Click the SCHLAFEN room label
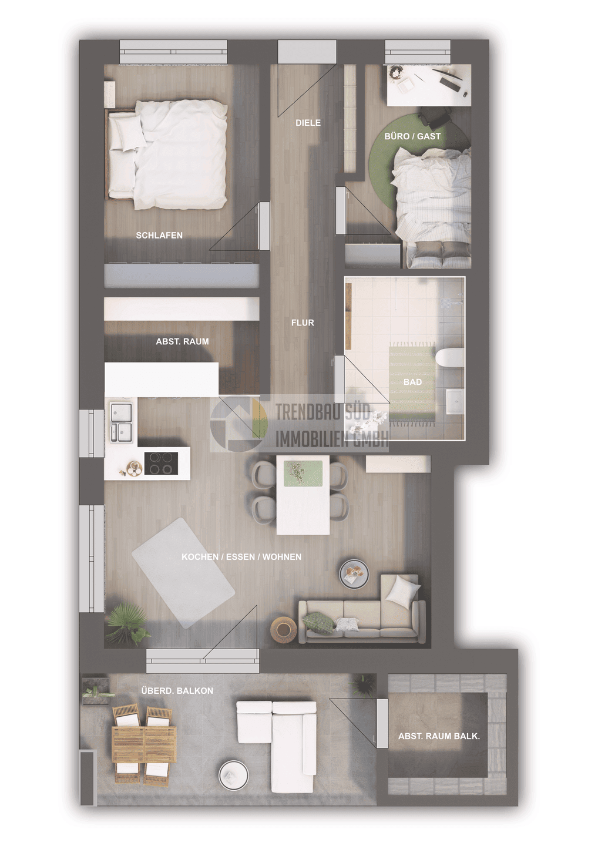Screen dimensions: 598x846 pos(159,235)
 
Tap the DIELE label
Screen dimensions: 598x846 pos(308,123)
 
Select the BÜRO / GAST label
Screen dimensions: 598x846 pos(412,136)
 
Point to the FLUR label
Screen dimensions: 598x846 pos(303,323)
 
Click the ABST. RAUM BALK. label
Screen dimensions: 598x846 pos(439,736)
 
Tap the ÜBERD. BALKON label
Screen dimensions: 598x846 pos(177,691)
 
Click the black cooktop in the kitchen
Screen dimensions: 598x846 pos(161,464)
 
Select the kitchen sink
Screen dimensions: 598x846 pos(121,422)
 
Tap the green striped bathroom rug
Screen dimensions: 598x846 pos(412,382)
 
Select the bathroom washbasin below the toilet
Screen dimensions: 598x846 pos(455,402)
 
